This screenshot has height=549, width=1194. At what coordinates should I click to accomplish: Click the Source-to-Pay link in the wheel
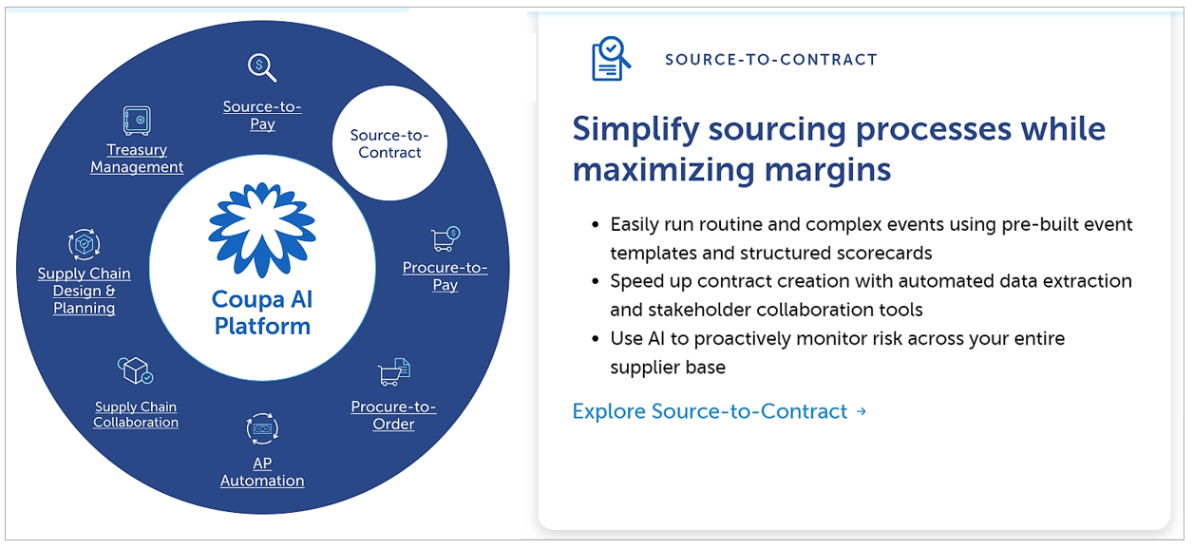tap(262, 115)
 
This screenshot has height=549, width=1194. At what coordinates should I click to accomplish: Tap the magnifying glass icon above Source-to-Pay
tap(261, 67)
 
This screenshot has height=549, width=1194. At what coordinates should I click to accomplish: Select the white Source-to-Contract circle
tap(389, 143)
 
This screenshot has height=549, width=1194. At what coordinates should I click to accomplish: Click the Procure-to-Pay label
tap(445, 275)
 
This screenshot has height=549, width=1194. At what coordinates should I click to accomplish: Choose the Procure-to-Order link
tap(393, 415)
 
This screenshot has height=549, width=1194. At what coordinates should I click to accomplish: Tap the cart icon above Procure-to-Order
tap(394, 371)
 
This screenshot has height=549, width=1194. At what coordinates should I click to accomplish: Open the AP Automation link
tap(262, 472)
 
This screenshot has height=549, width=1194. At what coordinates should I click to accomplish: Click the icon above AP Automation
tap(262, 428)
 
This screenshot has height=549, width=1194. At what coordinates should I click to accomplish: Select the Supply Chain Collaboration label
tap(136, 414)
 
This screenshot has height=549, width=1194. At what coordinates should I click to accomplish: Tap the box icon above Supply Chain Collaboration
tap(135, 370)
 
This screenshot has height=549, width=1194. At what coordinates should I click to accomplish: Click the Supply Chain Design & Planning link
tap(85, 291)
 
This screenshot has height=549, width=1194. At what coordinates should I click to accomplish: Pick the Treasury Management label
tap(137, 158)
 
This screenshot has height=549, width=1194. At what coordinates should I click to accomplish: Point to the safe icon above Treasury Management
tap(137, 120)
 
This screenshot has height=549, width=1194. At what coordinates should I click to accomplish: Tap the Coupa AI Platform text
tap(262, 312)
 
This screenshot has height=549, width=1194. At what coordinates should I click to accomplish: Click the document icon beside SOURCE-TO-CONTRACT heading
tap(610, 58)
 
